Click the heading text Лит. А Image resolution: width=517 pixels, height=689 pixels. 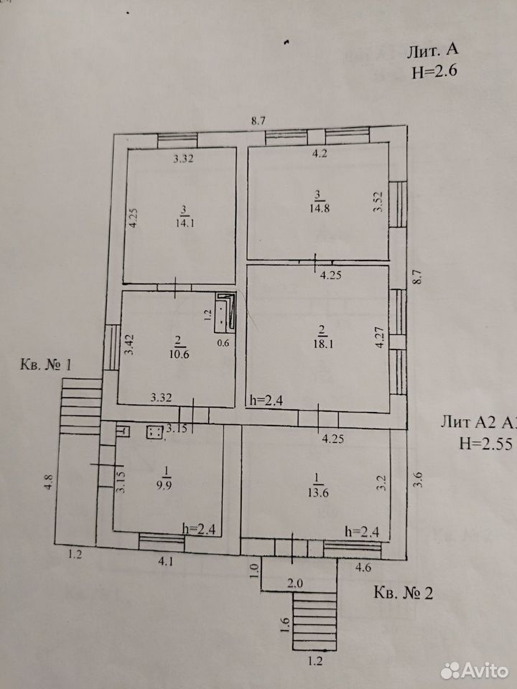(x=432, y=51)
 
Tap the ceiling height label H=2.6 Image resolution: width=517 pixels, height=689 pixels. (x=435, y=72)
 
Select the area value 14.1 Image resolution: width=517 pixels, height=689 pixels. (x=185, y=222)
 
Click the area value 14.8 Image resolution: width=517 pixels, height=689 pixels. (x=320, y=208)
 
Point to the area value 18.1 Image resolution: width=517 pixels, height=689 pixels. (x=324, y=343)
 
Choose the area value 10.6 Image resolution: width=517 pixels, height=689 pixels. (x=179, y=354)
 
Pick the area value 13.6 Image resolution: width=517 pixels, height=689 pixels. (x=319, y=492)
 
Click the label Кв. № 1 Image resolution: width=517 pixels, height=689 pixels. (x=46, y=365)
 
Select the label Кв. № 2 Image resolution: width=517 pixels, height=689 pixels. (x=403, y=593)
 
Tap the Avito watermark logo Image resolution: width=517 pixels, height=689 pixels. (x=475, y=670)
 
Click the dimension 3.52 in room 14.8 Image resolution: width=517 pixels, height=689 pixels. (x=378, y=201)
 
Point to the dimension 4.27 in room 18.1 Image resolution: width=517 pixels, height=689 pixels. (x=380, y=337)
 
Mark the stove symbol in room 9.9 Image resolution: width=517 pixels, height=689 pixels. (x=154, y=432)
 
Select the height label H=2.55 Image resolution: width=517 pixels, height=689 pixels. (x=486, y=444)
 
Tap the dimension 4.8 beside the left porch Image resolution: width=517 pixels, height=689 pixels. (x=50, y=481)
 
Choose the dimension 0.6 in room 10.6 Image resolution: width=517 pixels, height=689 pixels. (x=223, y=344)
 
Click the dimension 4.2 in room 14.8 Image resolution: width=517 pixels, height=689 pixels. (x=320, y=154)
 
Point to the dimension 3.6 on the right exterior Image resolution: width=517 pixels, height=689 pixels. (x=418, y=479)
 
